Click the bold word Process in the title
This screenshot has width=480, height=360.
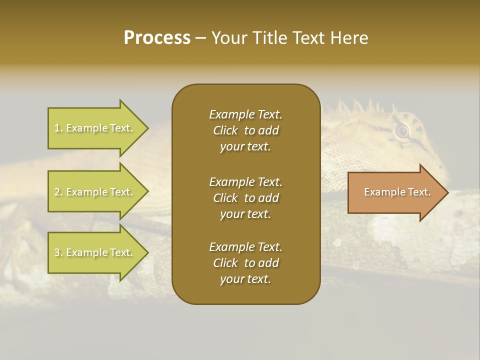tap(157, 38)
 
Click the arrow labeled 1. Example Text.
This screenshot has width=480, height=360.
tap(95, 128)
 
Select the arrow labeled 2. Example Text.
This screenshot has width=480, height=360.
tap(95, 192)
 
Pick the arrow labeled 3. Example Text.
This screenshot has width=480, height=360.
tap(95, 252)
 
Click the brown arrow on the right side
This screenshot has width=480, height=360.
tap(395, 192)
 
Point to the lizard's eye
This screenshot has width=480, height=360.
tap(402, 131)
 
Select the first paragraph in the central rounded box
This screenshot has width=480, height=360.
tap(245, 130)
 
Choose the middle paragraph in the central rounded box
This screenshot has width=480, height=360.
tap(245, 198)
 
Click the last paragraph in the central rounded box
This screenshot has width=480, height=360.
tap(245, 263)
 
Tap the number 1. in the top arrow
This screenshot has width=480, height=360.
tap(58, 128)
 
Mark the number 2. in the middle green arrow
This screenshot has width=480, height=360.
tap(58, 192)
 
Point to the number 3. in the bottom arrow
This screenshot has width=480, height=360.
tap(58, 252)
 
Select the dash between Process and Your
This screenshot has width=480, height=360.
tap(200, 38)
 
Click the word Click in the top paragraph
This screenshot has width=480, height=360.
tap(225, 130)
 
